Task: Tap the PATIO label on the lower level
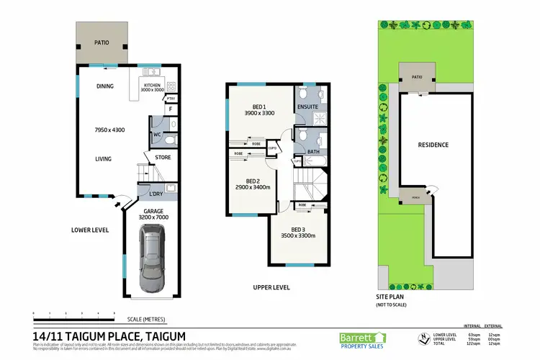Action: click(102, 42)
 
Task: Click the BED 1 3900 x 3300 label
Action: click(260, 109)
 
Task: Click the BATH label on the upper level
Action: click(312, 151)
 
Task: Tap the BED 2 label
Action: click(252, 181)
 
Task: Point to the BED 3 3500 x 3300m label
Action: click(298, 232)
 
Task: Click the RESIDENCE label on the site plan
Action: click(433, 145)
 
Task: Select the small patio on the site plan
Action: click(417, 78)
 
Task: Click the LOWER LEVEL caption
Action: click(90, 230)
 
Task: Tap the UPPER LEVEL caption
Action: click(271, 287)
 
